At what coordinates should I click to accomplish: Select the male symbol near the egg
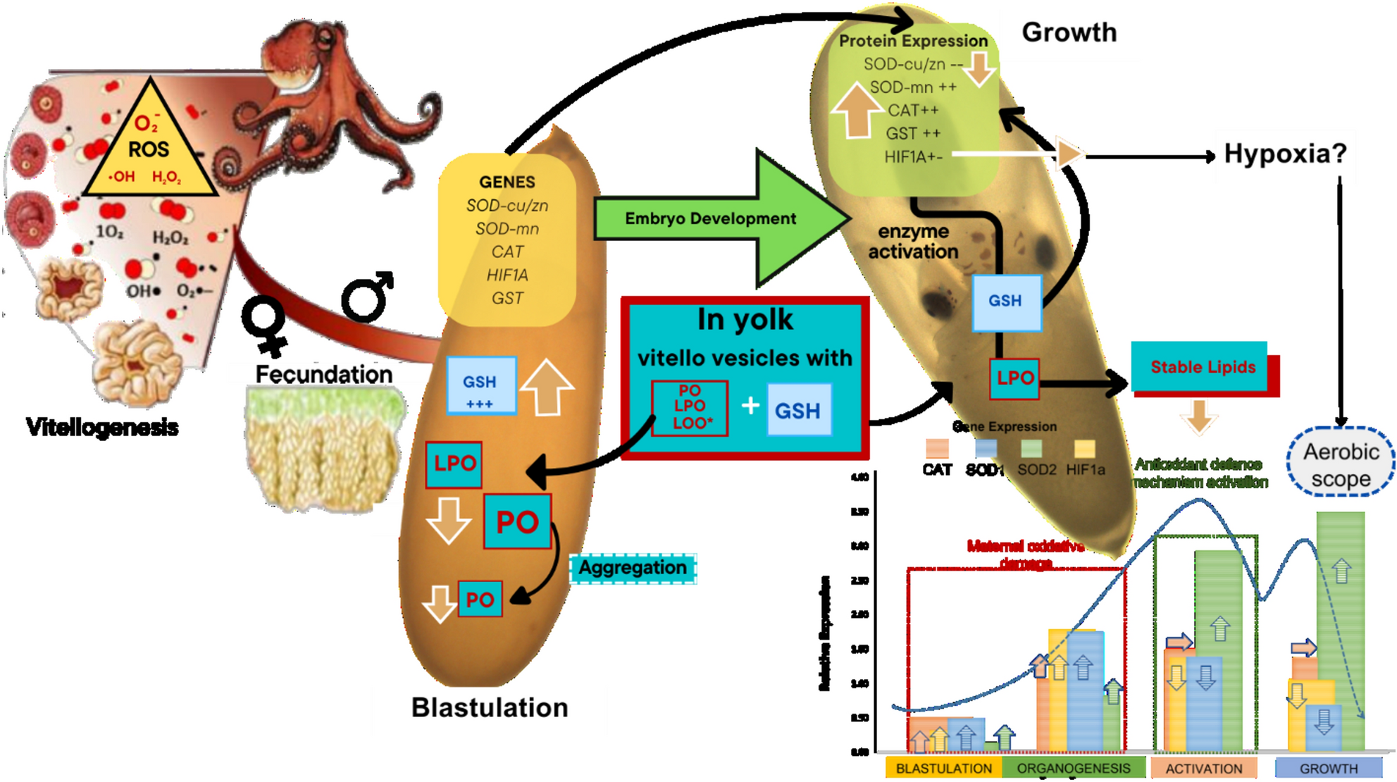(366, 296)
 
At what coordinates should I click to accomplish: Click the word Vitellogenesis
(102, 427)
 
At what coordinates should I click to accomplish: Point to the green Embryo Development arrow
(712, 218)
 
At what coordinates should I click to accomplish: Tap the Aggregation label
(633, 568)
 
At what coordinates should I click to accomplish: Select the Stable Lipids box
(1203, 366)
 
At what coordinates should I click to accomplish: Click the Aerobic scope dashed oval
(1340, 464)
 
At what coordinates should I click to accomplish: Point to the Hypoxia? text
(1285, 154)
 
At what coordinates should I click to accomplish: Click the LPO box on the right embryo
(1014, 378)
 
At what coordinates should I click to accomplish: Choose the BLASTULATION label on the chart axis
(943, 769)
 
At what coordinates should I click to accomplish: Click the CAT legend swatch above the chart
(937, 449)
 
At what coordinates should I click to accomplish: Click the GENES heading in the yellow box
(507, 182)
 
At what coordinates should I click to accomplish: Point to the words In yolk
(745, 320)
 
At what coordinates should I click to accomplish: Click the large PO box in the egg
(518, 522)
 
